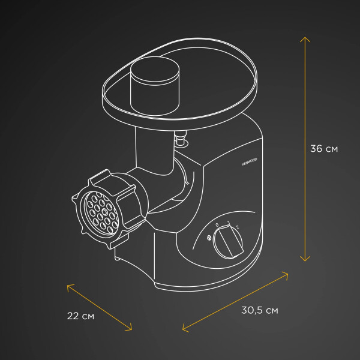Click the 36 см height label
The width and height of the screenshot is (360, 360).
[324, 149]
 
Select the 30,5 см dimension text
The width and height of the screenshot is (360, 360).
[259, 310]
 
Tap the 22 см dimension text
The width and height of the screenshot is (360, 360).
[80, 316]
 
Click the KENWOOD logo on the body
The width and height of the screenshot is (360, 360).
[250, 162]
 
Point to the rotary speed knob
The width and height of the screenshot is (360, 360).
[228, 242]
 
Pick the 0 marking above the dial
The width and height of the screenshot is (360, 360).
[217, 225]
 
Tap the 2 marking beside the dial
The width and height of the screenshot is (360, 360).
[238, 227]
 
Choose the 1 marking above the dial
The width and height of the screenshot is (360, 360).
[229, 223]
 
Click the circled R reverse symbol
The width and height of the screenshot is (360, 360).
[209, 238]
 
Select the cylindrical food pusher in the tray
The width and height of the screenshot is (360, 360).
[155, 86]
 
